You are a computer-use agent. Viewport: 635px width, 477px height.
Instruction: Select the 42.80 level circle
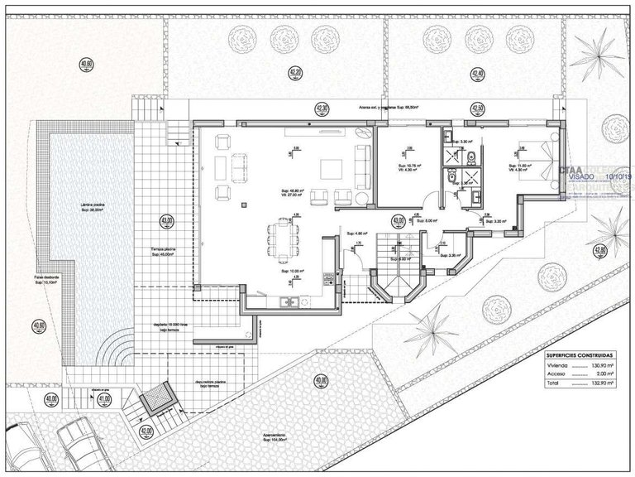pos(600,249)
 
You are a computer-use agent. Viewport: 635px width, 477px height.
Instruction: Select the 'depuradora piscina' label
pos(203,385)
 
